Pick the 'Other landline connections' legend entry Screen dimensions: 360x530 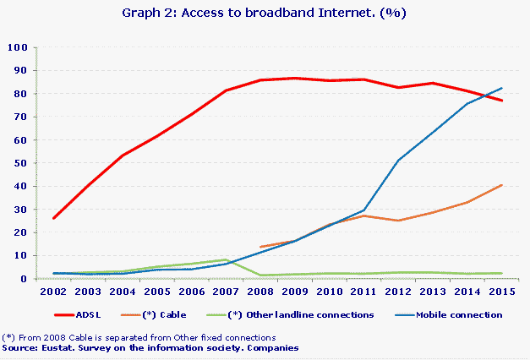coord(314,314)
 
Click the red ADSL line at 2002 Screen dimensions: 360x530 coord(53,218)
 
